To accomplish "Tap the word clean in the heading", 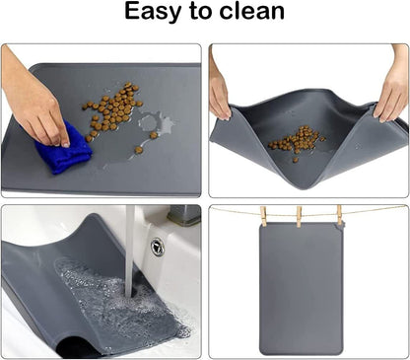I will (249, 13).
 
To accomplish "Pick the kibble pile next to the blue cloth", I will (112, 108).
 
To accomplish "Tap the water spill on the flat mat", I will (155, 126).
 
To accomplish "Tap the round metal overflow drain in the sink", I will (157, 247).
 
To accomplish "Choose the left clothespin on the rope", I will (264, 215).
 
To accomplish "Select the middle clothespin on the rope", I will (300, 215).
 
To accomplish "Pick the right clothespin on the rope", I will (338, 215).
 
